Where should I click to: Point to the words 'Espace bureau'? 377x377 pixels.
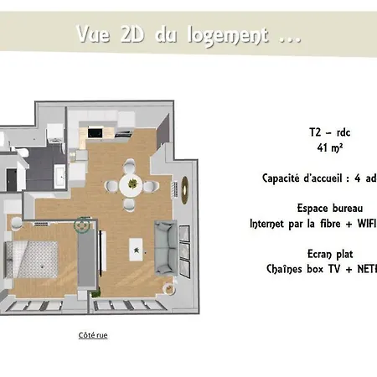coord(328,208)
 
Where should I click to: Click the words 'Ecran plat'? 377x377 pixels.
coord(323,253)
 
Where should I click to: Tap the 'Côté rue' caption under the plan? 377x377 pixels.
coord(93,335)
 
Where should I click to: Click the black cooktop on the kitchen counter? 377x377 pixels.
coord(95,132)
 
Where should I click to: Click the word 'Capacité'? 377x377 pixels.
coord(284,178)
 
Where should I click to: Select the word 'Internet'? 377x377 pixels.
coord(271,224)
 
